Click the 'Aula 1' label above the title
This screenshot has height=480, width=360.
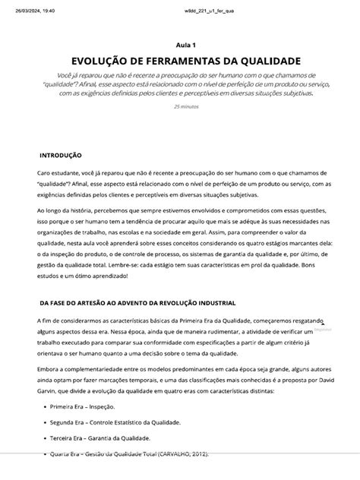pos(185,45)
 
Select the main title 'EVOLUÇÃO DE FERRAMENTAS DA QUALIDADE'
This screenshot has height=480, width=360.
pos(186,61)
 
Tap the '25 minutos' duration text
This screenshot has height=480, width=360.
pos(186,106)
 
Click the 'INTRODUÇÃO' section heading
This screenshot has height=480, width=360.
pos(61,155)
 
